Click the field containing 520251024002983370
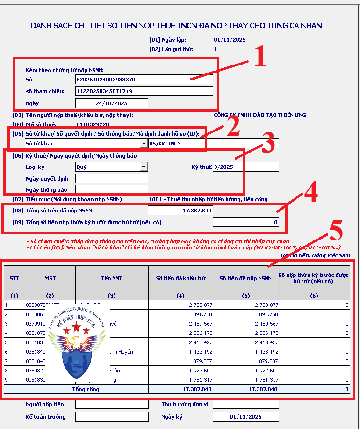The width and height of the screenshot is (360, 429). (x=144, y=80)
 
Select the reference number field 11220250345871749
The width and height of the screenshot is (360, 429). (x=144, y=91)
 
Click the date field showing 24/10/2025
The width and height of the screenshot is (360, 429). (x=111, y=103)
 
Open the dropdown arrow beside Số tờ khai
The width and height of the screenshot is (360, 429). (x=143, y=144)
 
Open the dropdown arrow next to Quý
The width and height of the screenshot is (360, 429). (x=143, y=167)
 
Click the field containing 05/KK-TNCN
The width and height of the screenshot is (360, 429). (x=213, y=144)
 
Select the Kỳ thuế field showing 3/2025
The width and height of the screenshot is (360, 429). (x=245, y=167)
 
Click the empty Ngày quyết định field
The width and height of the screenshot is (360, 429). (x=111, y=179)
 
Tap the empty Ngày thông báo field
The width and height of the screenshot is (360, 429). (x=111, y=190)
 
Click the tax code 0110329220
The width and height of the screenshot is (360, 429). (x=93, y=124)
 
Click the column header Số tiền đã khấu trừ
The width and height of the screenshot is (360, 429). (x=180, y=278)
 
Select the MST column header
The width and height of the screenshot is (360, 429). (x=50, y=278)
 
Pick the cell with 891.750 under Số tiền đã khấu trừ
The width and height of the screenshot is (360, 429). (x=180, y=314)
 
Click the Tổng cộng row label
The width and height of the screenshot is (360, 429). (x=86, y=389)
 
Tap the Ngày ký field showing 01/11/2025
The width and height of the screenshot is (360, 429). (x=245, y=417)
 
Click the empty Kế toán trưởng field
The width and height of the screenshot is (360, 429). (x=111, y=417)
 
